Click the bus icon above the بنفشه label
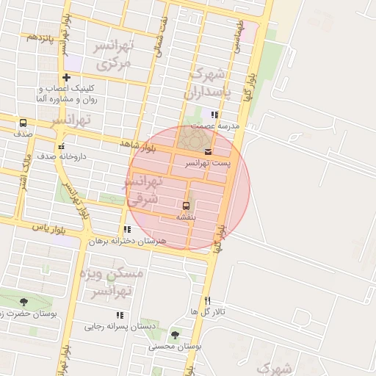185,206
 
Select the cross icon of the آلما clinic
67,77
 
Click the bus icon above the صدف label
23,123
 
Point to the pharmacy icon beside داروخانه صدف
62,145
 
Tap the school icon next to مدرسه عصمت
214,115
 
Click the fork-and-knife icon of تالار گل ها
208,300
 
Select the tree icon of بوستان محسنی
176,334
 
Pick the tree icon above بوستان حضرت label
24,301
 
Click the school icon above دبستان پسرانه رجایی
120,316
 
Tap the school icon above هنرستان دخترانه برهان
128,230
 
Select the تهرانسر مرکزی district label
112,55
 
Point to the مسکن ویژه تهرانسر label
109,283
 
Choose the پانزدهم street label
40,36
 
